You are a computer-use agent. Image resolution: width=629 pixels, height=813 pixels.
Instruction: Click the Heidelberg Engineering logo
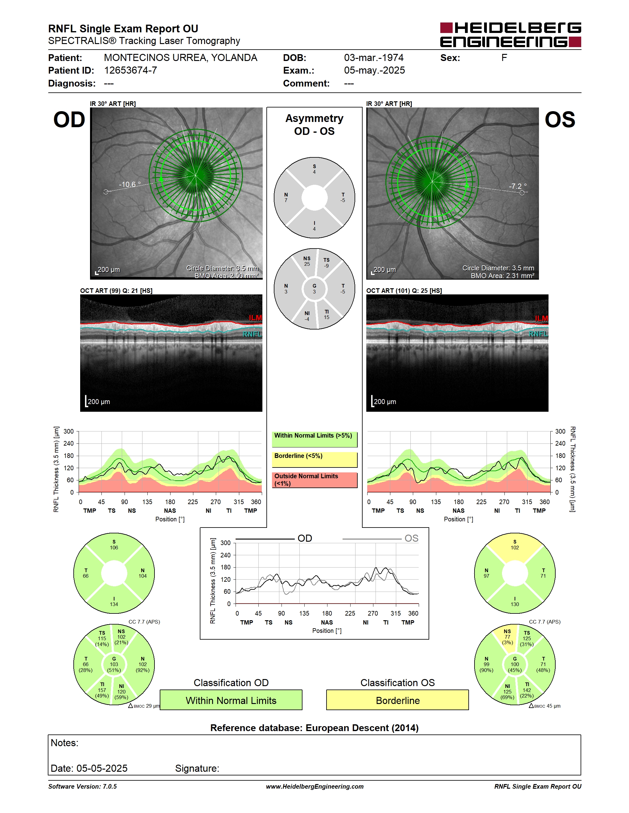point(511,34)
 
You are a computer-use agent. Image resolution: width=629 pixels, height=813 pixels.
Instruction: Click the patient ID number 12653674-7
point(130,70)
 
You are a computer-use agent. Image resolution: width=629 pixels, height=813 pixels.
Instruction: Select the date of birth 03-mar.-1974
point(374,58)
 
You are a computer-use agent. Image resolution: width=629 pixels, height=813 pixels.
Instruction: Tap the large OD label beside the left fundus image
point(69,119)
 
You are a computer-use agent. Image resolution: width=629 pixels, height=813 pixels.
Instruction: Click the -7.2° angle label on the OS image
point(518,186)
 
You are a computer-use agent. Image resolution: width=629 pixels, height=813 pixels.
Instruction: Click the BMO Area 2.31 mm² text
point(502,276)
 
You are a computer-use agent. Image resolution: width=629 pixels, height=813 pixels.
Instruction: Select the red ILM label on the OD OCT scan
point(255,318)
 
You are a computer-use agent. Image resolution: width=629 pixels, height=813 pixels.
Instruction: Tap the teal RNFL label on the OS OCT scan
point(538,334)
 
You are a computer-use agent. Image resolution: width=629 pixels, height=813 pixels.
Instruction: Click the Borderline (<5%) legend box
point(314,459)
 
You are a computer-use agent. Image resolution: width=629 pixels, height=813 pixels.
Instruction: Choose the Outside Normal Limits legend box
point(314,480)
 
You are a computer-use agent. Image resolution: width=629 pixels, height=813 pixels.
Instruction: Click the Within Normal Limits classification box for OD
point(231,700)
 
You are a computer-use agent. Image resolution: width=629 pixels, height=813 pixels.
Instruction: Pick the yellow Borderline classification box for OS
point(398,700)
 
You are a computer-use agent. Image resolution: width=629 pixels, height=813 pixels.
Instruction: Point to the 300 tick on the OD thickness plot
point(68,431)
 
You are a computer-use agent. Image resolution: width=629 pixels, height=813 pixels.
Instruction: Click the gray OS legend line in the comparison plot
point(372,539)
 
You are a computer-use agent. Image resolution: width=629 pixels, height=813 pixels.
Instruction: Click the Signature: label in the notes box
point(197,768)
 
